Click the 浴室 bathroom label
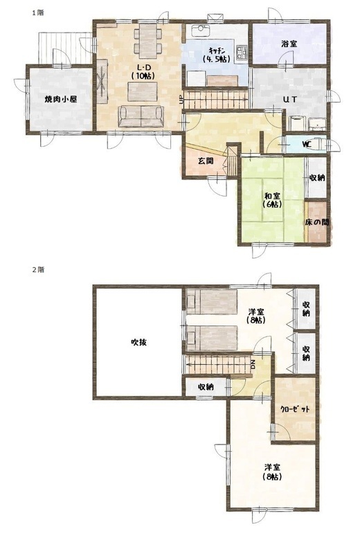pyautogui.click(x=289, y=44)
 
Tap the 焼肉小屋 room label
pyautogui.click(x=60, y=99)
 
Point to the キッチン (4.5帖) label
pyautogui.click(x=216, y=55)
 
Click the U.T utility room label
pyautogui.click(x=289, y=100)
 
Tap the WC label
pyautogui.click(x=306, y=144)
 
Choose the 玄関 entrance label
pyautogui.click(x=205, y=161)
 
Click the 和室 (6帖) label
pyautogui.click(x=272, y=199)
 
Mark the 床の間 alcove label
pyautogui.click(x=317, y=222)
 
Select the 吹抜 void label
pyautogui.click(x=139, y=342)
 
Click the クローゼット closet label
pyautogui.click(x=295, y=409)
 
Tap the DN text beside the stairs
pyautogui.click(x=253, y=365)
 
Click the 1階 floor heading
pyautogui.click(x=38, y=12)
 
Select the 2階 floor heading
pyautogui.click(x=38, y=269)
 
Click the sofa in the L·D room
pyautogui.click(x=141, y=116)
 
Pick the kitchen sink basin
pyautogui.click(x=201, y=30)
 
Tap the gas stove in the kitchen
pyautogui.click(x=242, y=53)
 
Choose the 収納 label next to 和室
pyautogui.click(x=317, y=178)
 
